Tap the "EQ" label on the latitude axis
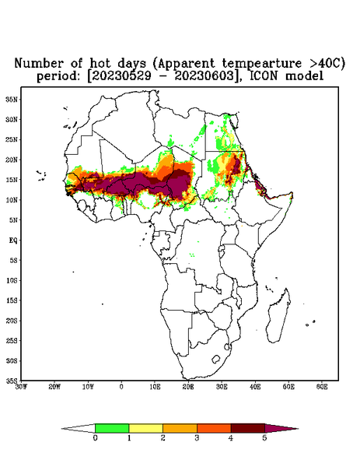coord(13,240)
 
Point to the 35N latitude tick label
coord(12,99)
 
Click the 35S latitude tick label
coord(12,381)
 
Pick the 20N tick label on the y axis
coord(12,160)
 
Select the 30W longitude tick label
coord(21,387)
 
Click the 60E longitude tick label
coord(322,387)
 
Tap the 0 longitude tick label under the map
coord(121,387)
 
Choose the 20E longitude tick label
coord(188,387)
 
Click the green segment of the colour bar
coord(112,428)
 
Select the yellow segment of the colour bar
coord(145,428)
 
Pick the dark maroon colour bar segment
coord(248,428)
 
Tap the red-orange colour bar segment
coord(214,428)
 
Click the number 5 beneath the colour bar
coord(264,438)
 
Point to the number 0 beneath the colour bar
coord(95,438)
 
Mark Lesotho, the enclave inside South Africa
coord(216,359)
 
